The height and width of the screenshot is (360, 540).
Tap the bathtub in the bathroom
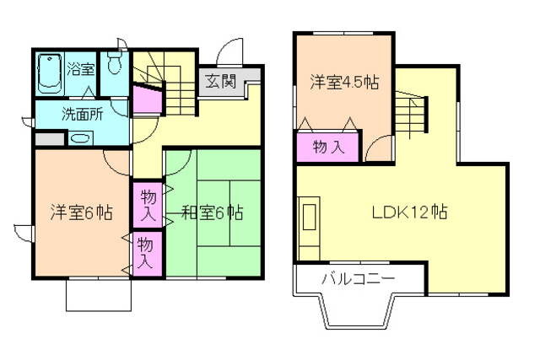49,74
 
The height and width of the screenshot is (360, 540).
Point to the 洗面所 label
81,114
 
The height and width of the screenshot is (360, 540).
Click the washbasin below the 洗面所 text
82,139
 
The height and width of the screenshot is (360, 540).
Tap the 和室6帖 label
211,212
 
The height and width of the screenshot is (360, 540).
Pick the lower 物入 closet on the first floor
145,251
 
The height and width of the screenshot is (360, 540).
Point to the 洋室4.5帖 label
343,82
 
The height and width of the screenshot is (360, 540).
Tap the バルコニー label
358,278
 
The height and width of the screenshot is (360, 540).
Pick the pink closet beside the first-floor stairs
148,100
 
